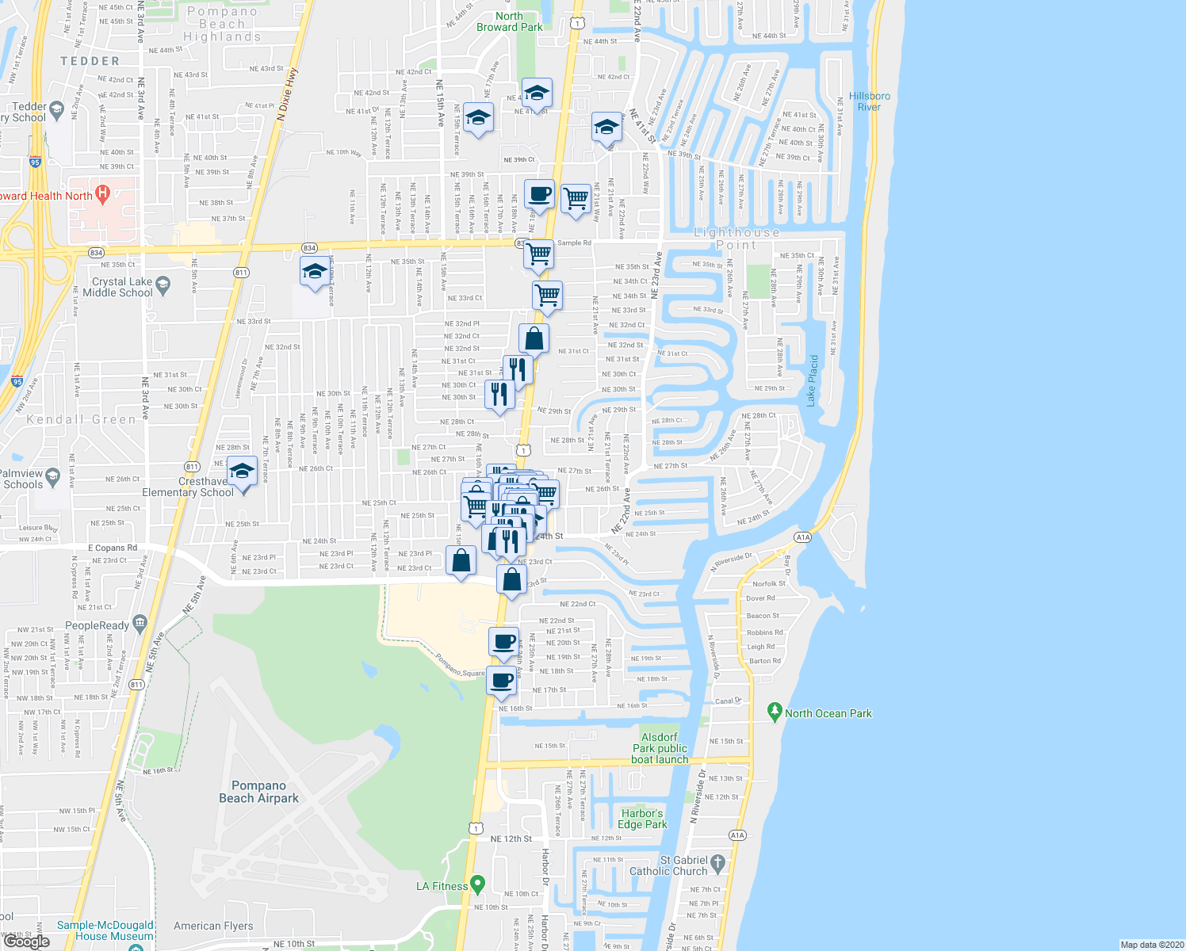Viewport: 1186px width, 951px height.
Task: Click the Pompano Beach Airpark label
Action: (258, 792)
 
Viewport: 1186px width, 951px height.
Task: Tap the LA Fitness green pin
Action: (477, 883)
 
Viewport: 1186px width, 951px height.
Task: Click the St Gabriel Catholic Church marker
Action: (717, 861)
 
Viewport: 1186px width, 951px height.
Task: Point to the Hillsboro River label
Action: (869, 101)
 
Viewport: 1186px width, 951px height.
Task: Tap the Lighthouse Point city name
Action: (736, 239)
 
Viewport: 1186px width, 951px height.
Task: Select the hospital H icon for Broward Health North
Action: (102, 193)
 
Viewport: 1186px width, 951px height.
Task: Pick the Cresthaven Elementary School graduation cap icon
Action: (242, 472)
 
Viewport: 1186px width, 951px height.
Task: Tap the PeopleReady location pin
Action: (140, 623)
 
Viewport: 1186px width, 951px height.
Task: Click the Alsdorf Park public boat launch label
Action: (660, 748)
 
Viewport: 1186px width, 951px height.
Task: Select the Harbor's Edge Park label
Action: (642, 819)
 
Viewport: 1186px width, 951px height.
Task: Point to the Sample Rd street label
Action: (574, 243)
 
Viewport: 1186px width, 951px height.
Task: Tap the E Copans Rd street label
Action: (112, 548)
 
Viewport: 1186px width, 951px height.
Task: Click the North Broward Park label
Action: (509, 21)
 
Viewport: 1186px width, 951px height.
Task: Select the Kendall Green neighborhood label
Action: (81, 419)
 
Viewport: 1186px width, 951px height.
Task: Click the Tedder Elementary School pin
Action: (56, 109)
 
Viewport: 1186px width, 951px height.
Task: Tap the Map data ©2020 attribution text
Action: (1150, 944)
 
